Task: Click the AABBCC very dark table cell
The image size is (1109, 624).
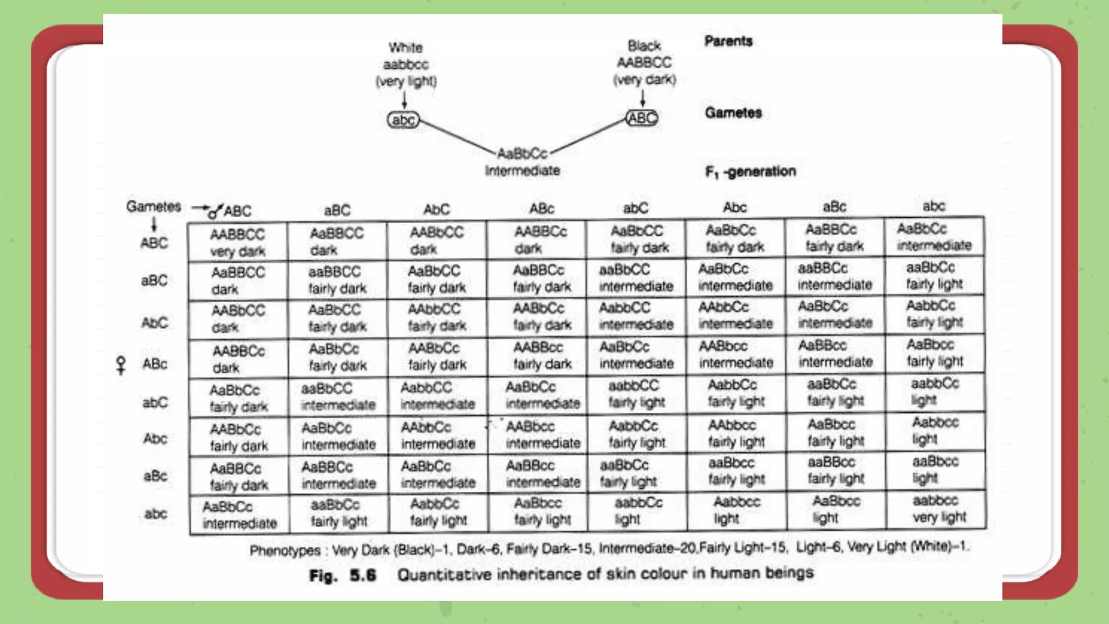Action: click(x=237, y=242)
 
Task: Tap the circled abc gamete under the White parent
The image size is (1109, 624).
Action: click(x=403, y=120)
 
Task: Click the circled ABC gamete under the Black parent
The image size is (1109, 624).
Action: click(x=642, y=118)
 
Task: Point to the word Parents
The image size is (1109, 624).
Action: click(x=728, y=41)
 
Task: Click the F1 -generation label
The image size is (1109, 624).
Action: click(x=751, y=172)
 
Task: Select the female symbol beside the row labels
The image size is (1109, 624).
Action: click(x=121, y=365)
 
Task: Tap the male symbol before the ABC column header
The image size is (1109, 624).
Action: click(x=215, y=211)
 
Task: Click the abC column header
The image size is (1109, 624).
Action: click(x=635, y=208)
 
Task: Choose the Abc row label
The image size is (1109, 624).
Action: click(x=155, y=438)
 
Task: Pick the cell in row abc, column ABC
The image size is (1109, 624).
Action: click(x=239, y=515)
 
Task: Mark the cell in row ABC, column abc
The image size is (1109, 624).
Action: click(x=934, y=237)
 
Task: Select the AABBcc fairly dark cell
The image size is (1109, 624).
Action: click(x=542, y=355)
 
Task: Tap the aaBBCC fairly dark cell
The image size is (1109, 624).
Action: click(x=337, y=279)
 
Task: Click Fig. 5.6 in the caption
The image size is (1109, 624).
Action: click(x=342, y=575)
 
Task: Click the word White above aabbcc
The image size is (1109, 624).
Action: click(x=406, y=48)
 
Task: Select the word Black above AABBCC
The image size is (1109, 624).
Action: click(x=644, y=45)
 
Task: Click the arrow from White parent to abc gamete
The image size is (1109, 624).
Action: click(x=405, y=100)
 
